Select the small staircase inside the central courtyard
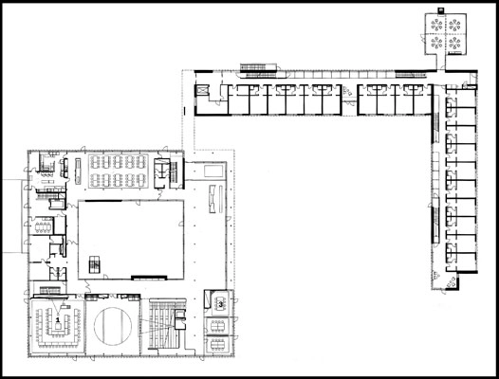[95, 264]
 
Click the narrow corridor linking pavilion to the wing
[438, 63]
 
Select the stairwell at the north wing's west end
[204, 93]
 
